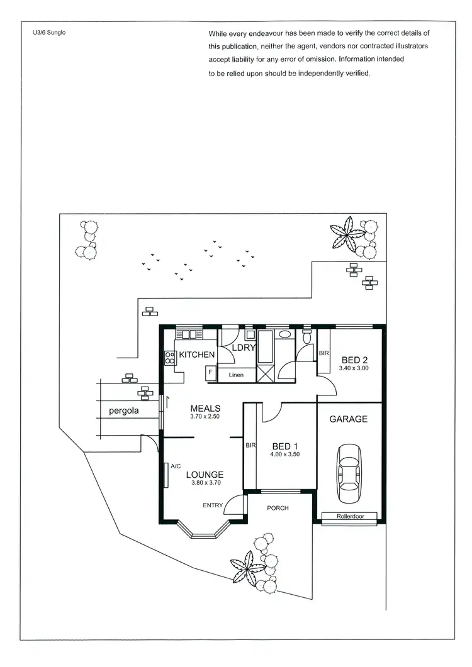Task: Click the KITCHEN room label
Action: [x=197, y=355]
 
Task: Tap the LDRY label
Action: [x=242, y=348]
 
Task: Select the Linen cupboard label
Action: [x=236, y=375]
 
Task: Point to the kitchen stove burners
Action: [x=169, y=358]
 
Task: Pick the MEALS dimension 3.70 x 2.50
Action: [x=205, y=416]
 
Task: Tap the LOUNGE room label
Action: [x=205, y=474]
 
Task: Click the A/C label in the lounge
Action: [x=176, y=466]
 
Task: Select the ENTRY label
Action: [x=212, y=505]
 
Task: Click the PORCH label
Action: [x=278, y=508]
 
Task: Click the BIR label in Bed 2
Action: [x=324, y=353]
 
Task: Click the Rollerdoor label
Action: [x=351, y=517]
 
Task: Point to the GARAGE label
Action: [x=349, y=419]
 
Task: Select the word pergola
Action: [x=123, y=412]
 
